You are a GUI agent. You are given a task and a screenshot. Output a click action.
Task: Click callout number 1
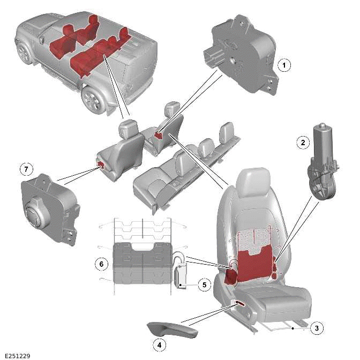(x=285, y=65)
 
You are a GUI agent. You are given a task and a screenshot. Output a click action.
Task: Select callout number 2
(x=303, y=142)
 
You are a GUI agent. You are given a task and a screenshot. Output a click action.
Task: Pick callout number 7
(x=25, y=169)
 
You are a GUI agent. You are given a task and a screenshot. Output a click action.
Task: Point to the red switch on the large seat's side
(x=239, y=304)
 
